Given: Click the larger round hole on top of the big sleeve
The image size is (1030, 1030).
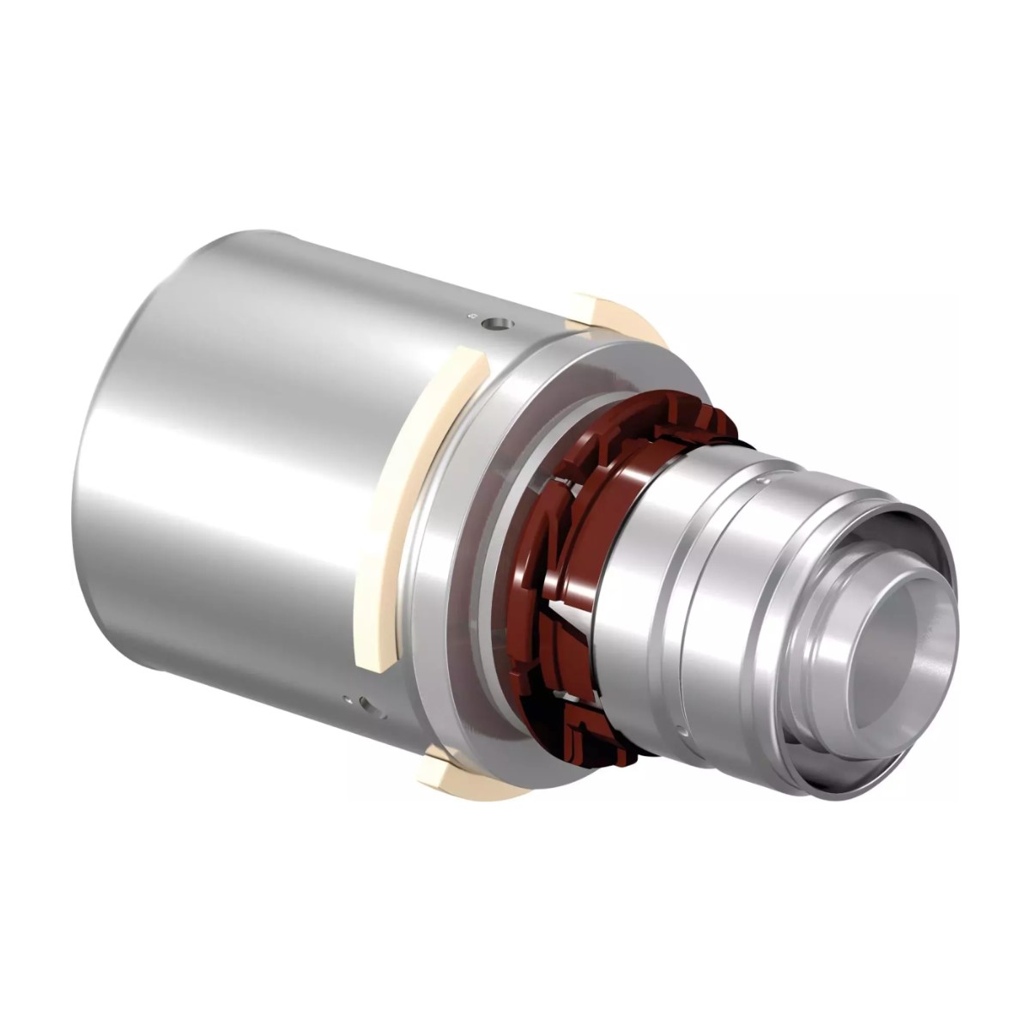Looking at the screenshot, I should (498, 324).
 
